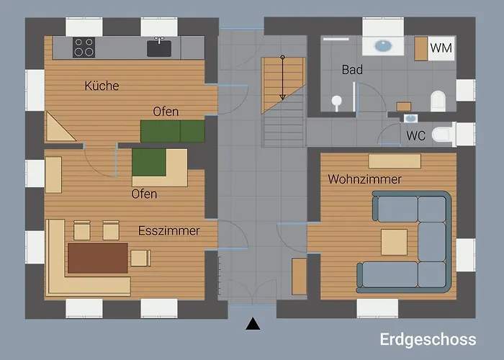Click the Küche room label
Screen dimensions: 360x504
102,86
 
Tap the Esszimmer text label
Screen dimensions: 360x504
168,230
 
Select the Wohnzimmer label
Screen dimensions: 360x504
364,179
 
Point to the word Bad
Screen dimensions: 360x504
352,70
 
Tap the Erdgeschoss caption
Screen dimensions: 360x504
428,339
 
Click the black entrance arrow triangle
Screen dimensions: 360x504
252,324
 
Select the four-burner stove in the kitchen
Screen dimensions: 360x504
84,48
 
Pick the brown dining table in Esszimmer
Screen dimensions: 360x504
97,257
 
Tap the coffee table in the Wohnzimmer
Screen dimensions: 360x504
394,242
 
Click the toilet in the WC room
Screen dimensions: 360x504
444,134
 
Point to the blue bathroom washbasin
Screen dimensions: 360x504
382,45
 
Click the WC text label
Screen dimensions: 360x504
415,135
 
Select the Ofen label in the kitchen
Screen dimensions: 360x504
166,111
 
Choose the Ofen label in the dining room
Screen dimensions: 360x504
144,194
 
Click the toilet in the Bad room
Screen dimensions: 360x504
438,100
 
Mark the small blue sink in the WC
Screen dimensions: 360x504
410,117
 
